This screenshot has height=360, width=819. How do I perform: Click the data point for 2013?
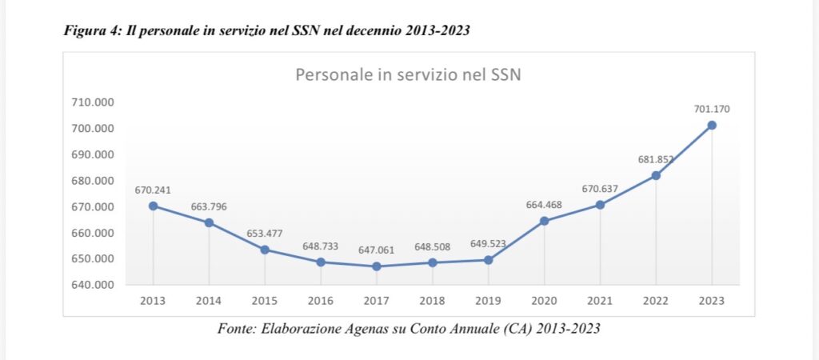pos(153,206)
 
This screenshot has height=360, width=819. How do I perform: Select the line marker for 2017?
pos(376,266)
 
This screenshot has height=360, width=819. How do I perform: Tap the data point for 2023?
pos(711,125)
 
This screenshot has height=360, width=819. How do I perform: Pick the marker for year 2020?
pos(544,221)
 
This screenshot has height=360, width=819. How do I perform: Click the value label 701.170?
pos(712,109)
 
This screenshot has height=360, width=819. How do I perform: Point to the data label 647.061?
pos(376,250)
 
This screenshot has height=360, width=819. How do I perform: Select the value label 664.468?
pos(544,204)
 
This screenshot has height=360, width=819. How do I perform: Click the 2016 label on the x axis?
pos(320,301)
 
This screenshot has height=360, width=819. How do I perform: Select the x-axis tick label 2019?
pos(488,301)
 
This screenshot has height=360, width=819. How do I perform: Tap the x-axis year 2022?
pos(655,301)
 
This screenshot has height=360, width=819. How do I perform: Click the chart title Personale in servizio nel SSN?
pos(409,75)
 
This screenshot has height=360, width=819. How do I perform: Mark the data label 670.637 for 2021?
pos(600,189)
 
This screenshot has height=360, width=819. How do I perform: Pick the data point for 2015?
pos(265,250)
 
